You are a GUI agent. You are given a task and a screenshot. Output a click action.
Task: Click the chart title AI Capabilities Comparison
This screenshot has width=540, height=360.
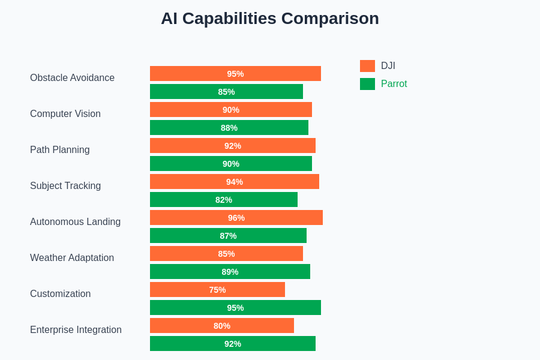269,19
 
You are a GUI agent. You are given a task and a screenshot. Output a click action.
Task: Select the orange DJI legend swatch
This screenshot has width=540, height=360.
367,66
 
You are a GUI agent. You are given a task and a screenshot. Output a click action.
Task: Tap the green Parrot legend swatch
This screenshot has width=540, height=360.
367,84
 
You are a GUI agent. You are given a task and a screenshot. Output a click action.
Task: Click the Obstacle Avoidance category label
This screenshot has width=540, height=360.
72,78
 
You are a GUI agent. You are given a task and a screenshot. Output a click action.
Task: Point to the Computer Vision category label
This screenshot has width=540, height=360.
65,114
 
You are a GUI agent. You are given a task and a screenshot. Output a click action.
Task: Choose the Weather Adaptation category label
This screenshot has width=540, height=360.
72,258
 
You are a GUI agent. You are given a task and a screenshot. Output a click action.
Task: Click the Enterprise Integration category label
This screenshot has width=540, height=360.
76,330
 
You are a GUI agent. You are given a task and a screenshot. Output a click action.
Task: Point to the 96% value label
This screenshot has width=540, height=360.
236,218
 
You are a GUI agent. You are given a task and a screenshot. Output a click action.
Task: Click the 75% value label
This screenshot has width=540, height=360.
217,290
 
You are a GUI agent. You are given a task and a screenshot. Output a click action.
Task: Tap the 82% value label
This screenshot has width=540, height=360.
224,200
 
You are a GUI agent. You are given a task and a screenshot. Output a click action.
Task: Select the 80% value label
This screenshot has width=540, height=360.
222,326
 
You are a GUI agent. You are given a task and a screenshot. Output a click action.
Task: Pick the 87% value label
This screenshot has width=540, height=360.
228,236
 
